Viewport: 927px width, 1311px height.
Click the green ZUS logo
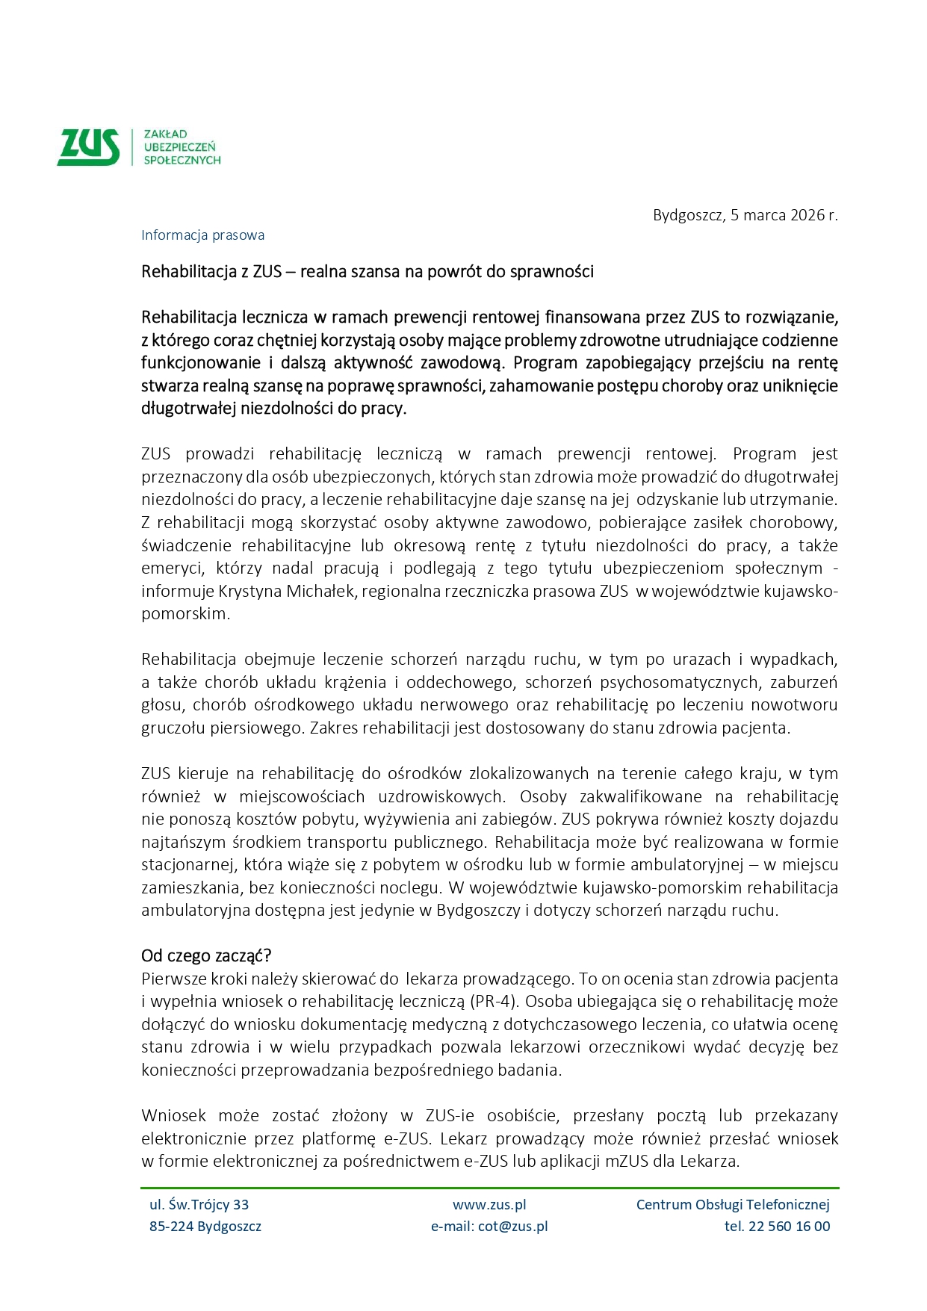[88, 146]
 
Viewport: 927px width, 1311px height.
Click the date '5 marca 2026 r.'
[784, 215]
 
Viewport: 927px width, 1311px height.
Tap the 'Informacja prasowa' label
[202, 235]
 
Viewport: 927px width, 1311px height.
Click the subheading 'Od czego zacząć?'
[206, 956]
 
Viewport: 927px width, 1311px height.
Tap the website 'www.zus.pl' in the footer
[489, 1205]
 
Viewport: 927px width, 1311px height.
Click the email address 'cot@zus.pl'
[512, 1227]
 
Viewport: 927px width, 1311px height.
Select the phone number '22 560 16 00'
[788, 1227]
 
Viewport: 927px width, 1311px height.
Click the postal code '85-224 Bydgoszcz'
[205, 1227]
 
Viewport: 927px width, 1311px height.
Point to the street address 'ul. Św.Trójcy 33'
[199, 1205]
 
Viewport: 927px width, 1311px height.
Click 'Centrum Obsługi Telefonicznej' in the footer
[733, 1205]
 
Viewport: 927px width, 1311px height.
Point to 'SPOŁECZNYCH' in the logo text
[182, 160]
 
